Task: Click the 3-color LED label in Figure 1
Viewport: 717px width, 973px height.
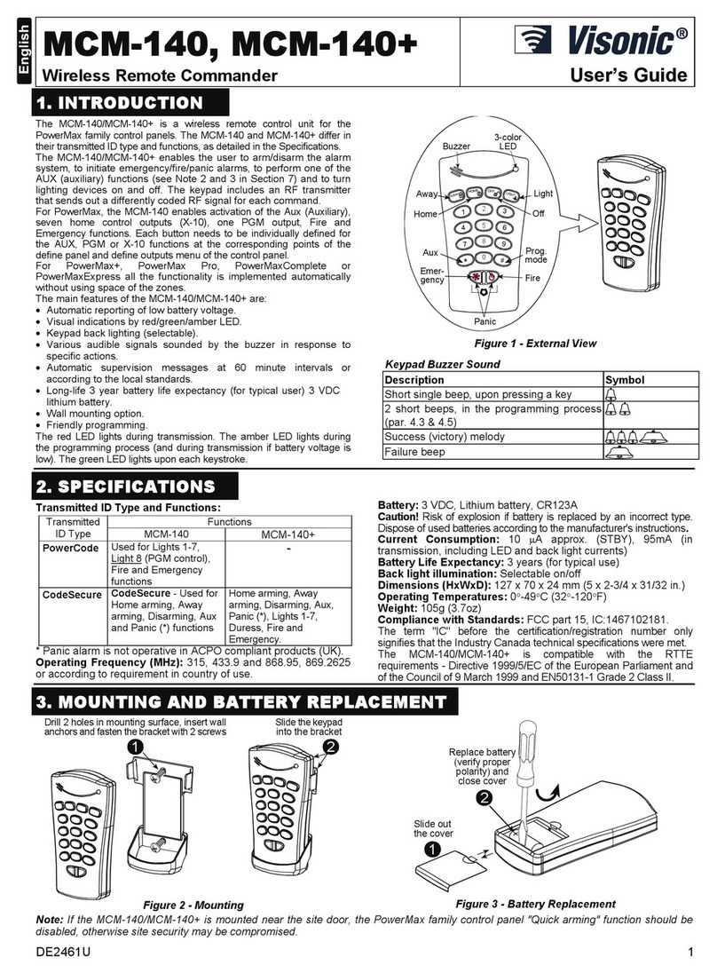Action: click(507, 140)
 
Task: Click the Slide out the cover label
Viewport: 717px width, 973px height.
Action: click(432, 827)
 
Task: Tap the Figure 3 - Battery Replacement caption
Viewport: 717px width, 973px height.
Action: click(523, 903)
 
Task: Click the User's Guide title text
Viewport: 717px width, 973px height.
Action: click(631, 75)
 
